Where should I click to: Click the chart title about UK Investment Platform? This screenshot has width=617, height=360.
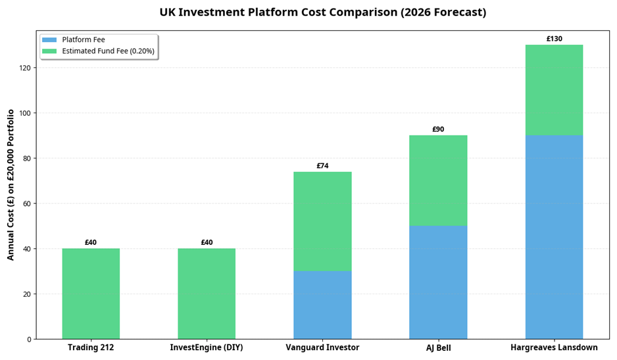coord(322,13)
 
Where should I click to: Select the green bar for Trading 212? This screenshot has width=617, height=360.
coord(91,294)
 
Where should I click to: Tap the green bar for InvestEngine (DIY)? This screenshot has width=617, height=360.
coord(207,294)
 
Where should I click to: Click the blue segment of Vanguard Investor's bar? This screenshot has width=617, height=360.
coord(322,305)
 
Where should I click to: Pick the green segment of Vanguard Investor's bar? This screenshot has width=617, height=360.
coord(322,221)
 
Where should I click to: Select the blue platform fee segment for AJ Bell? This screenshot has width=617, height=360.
coord(438,282)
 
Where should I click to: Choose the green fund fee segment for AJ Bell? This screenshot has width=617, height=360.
coord(438,181)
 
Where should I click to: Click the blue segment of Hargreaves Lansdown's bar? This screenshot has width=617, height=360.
coord(554,237)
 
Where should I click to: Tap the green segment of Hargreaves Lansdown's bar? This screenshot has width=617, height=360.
coord(554,90)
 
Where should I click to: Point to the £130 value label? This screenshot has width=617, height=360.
coord(554,39)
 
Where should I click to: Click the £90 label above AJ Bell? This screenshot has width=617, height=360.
coord(438,130)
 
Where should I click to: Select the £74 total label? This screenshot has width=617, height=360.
coord(322,166)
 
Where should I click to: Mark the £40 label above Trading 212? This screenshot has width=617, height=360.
coord(91,243)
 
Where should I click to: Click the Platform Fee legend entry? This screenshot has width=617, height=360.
coord(83,40)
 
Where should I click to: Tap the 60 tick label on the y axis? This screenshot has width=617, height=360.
coord(27,203)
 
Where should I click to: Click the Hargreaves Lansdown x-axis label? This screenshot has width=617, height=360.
coord(554,347)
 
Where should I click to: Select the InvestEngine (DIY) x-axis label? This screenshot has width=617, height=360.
coord(207,347)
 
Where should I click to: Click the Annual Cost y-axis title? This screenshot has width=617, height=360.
coord(11,184)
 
